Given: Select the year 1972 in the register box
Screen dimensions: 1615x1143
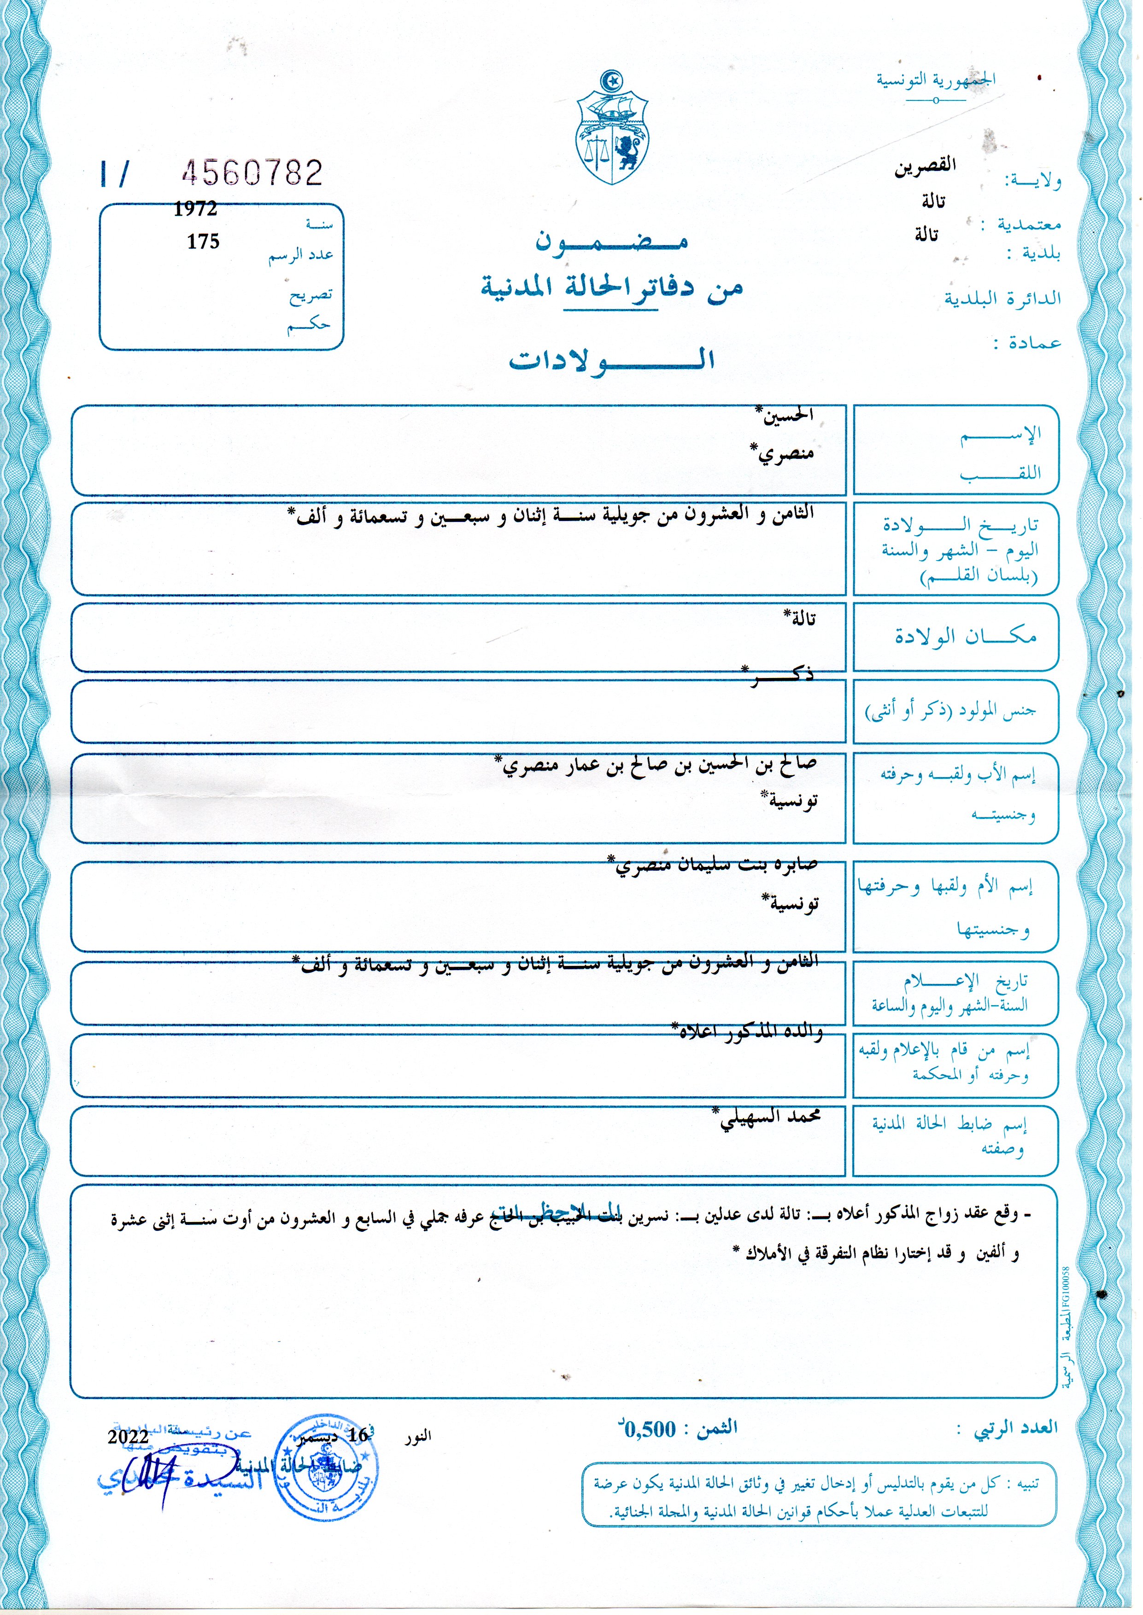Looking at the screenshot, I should pos(196,209).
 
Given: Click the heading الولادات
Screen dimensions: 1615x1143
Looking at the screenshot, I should pos(612,359).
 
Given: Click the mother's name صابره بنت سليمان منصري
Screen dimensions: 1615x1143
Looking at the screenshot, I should pos(715,865).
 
